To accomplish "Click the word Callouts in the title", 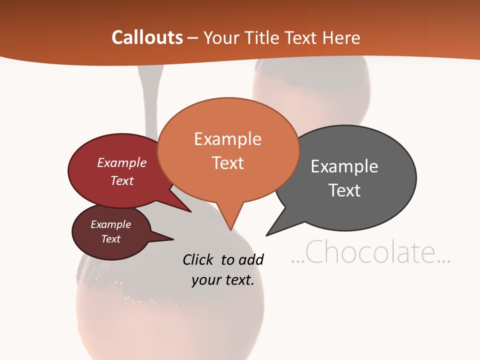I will click(147, 37).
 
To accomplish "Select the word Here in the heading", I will click(341, 38).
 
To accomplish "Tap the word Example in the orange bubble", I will click(227, 139).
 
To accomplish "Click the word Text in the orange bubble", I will click(228, 163).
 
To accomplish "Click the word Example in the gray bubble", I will click(344, 166).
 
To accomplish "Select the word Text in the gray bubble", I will click(345, 190).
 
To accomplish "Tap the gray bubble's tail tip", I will click(266, 235).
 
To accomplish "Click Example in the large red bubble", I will click(122, 163).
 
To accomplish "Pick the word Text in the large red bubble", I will click(122, 180).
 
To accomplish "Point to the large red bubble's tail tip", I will click(190, 211).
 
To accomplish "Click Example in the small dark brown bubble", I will click(111, 224).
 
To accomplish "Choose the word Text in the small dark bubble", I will click(111, 239).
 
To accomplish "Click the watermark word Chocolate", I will click(370, 252).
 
